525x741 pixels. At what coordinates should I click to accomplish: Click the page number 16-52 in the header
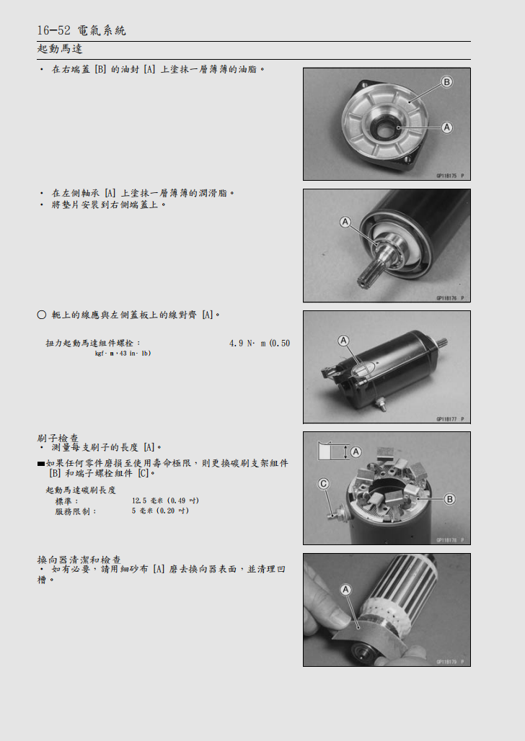coord(53,30)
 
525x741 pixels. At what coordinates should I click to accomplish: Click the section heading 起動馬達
coord(60,49)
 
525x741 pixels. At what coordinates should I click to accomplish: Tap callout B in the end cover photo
coord(446,82)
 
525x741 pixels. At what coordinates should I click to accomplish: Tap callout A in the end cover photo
coord(446,127)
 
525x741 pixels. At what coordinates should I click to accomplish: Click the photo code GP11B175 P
coord(450,176)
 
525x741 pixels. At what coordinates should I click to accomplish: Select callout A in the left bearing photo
coord(345,223)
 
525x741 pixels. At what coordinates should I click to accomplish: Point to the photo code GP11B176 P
coord(450,297)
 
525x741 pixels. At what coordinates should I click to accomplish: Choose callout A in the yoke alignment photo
coord(343,340)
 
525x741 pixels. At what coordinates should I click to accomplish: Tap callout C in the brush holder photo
coord(324,484)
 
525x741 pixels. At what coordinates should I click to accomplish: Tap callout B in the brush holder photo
coord(449,499)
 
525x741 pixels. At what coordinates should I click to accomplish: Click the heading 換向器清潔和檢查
coord(79,559)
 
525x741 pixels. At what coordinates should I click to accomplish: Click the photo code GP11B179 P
coord(450,661)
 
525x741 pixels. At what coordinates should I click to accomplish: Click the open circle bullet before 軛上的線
coord(41,315)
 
